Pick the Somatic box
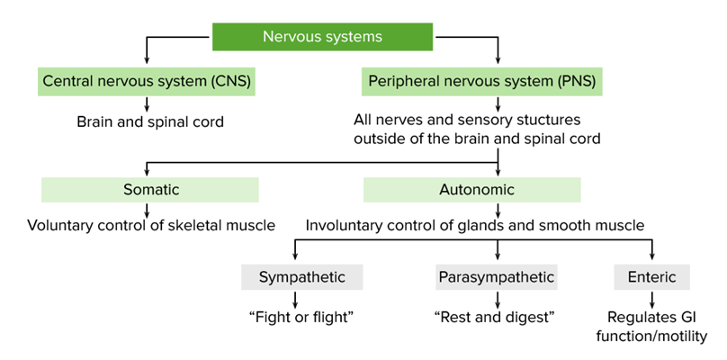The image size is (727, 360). coord(149,189)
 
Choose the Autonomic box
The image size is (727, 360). coord(471,189)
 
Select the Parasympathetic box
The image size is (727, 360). coord(496,276)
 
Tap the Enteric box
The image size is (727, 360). coord(651,276)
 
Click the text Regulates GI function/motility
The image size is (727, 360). coord(651,326)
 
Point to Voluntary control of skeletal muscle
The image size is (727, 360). coord(150,225)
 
